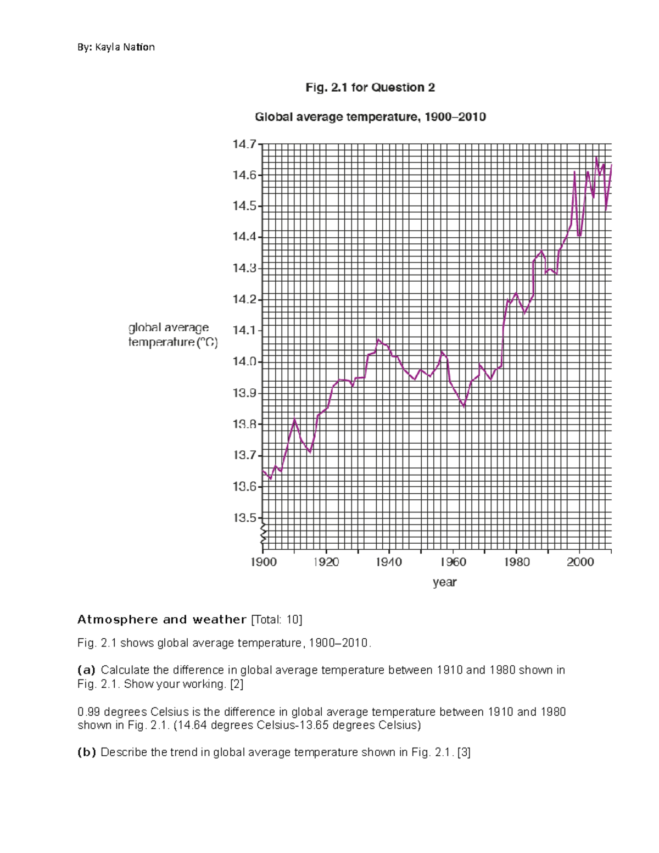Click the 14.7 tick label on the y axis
click(244, 144)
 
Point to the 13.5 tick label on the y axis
click(244, 518)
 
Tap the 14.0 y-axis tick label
click(244, 362)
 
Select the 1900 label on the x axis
click(264, 562)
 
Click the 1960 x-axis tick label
click(453, 562)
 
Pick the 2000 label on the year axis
click(580, 562)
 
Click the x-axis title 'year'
click(444, 582)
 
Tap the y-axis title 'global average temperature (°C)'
click(172, 335)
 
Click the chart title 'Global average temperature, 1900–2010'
click(370, 117)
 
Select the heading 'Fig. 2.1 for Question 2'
click(370, 87)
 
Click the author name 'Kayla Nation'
click(125, 47)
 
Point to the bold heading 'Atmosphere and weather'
click(161, 620)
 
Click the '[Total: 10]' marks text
click(276, 620)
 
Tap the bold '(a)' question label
click(86, 670)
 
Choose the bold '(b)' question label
click(86, 752)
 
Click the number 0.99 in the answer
click(89, 712)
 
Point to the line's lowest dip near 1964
click(464, 407)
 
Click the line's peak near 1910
click(295, 420)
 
